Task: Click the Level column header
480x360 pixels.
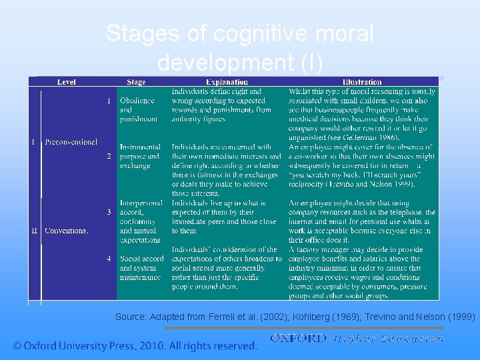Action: coord(67,82)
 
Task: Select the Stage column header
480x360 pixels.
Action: coord(136,82)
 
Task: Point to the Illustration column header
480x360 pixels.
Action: coord(362,82)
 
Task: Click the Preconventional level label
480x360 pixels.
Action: coord(71,142)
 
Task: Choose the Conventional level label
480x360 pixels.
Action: coord(66,231)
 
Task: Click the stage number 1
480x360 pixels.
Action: coord(109,101)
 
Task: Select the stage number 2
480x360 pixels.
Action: coord(109,156)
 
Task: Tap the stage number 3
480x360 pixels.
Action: coord(109,212)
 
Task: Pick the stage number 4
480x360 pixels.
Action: coord(109,258)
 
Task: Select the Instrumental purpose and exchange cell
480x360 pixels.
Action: coord(140,156)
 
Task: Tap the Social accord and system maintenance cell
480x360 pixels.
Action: coord(141,267)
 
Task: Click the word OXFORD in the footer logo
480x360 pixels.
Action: coord(298,339)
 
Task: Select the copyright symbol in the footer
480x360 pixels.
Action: coord(17,346)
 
